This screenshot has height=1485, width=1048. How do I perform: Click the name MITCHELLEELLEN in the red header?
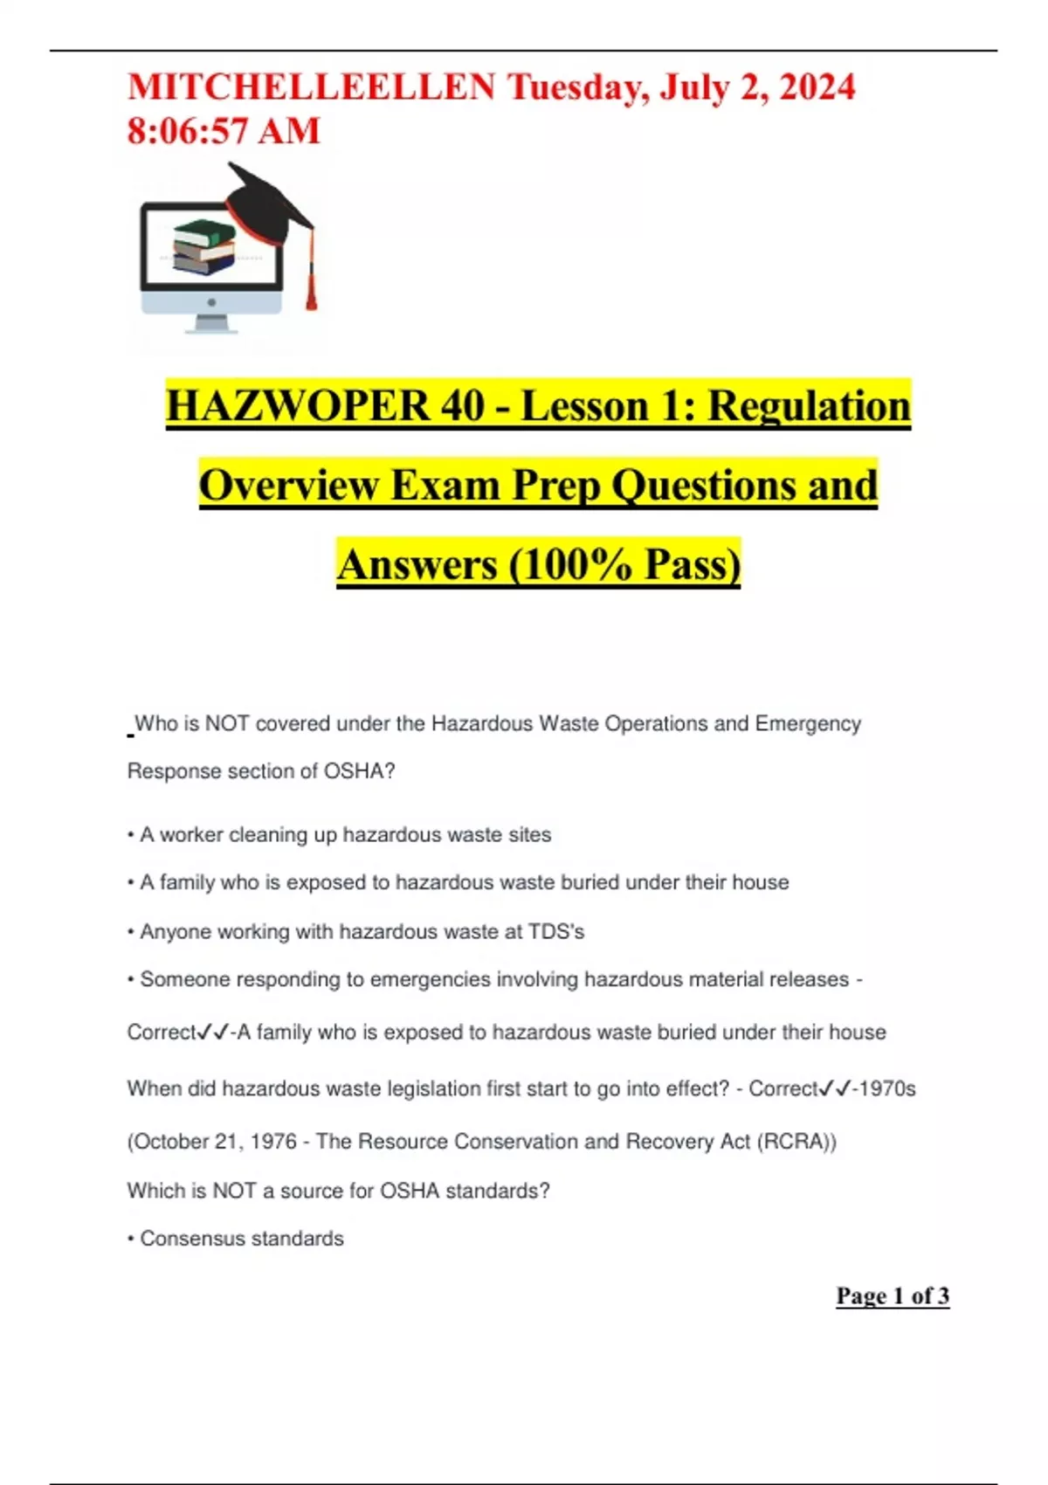tap(311, 87)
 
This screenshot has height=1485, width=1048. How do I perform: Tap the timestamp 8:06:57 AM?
tap(224, 131)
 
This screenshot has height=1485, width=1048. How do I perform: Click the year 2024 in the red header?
tap(817, 87)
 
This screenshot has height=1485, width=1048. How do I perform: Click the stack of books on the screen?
tap(204, 246)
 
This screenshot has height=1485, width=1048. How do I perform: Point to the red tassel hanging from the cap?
tap(310, 280)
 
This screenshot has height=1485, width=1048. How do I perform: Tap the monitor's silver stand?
tap(211, 323)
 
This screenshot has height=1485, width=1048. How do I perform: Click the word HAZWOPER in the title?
tap(297, 406)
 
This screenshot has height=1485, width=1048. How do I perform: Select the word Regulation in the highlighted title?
tap(809, 406)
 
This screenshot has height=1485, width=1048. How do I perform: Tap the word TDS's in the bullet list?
tap(556, 932)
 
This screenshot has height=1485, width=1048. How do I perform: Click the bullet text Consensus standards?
tap(242, 1239)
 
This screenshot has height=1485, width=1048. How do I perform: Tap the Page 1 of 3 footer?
tap(892, 1296)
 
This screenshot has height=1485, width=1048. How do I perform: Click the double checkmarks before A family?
tap(213, 1033)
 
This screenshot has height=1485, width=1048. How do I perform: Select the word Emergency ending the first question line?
tap(808, 724)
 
